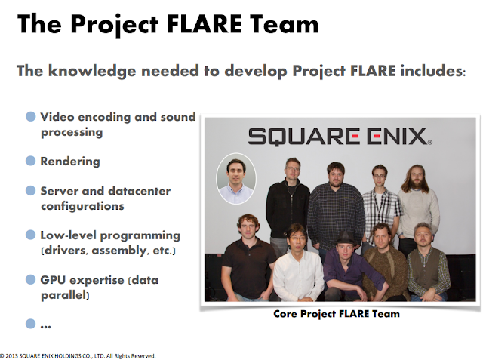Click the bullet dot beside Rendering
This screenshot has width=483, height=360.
(31, 161)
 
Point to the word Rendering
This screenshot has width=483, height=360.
(69, 161)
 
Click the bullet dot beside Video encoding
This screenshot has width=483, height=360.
(31, 117)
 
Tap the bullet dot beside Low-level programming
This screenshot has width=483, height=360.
(31, 235)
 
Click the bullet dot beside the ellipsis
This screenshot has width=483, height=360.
(31, 324)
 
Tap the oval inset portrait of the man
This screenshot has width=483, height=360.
(235, 178)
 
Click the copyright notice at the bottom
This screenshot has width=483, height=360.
(78, 355)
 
